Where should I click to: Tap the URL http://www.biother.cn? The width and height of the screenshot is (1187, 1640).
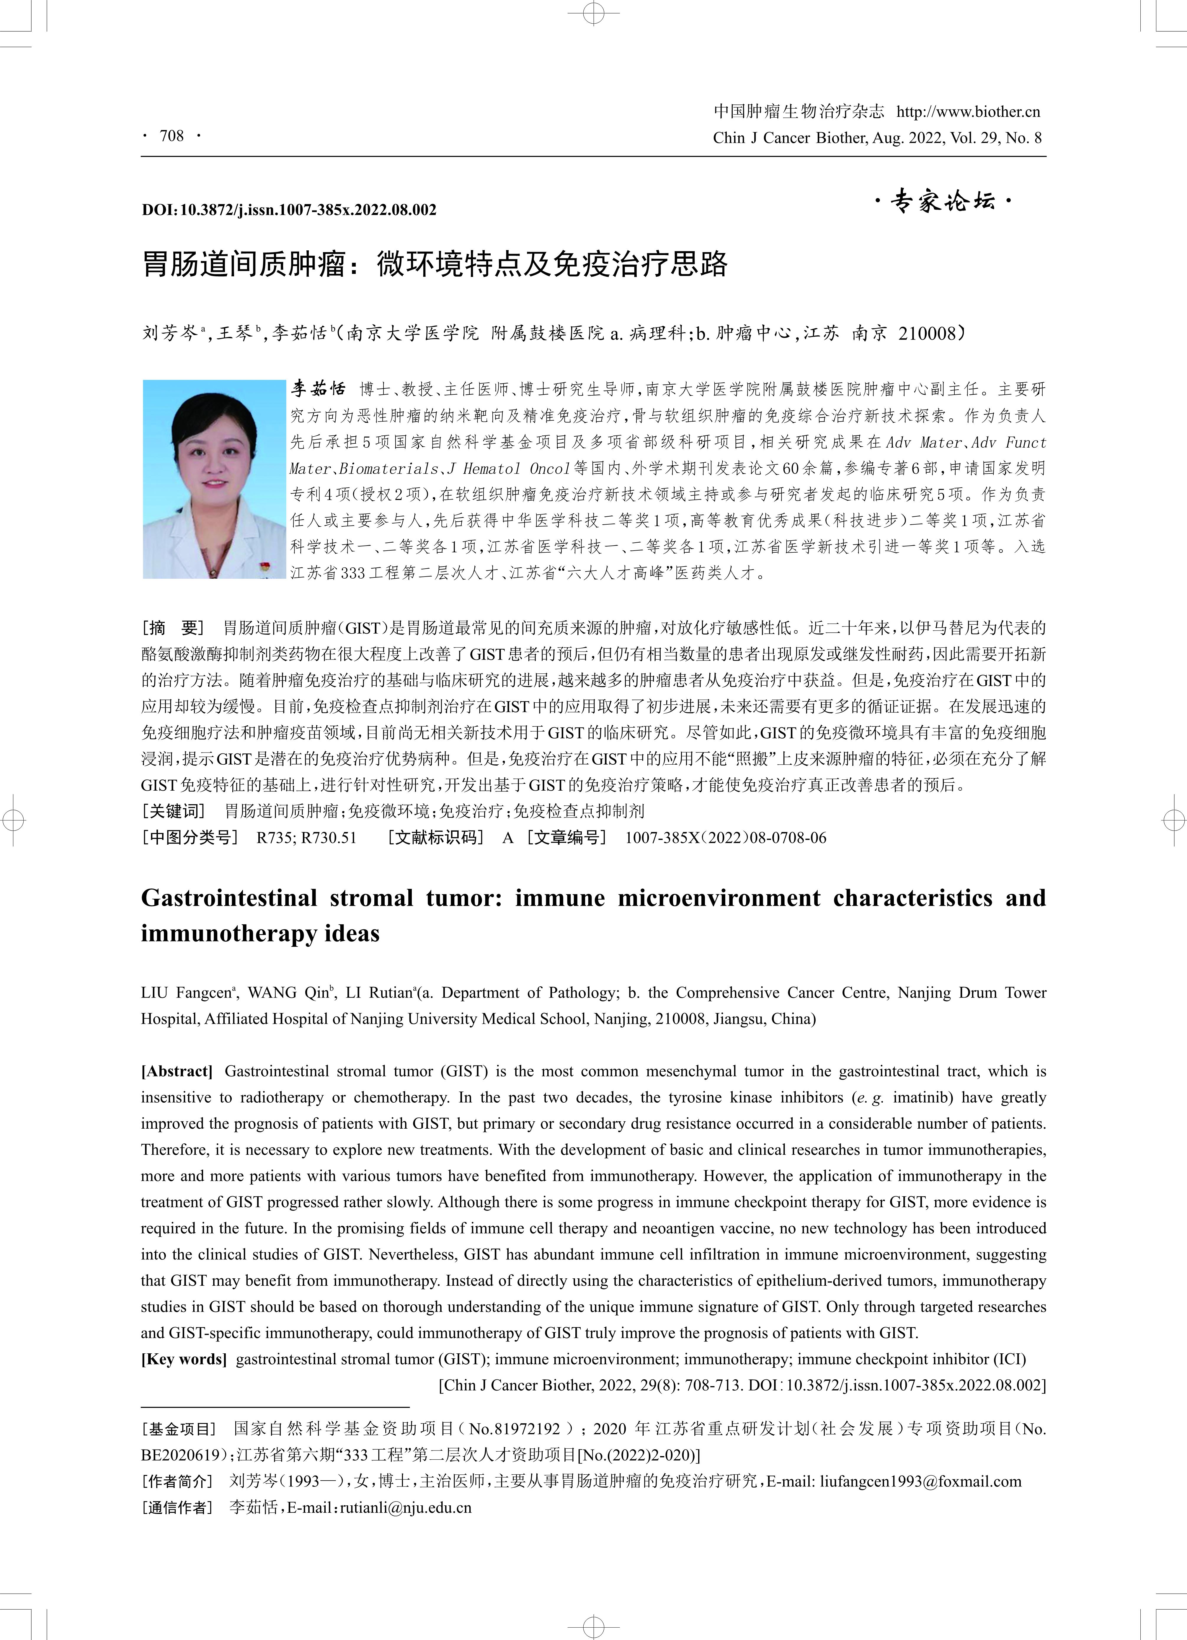click(x=968, y=111)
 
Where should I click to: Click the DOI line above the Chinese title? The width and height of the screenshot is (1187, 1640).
click(x=289, y=210)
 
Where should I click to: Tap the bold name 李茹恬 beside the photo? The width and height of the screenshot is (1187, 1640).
click(x=318, y=389)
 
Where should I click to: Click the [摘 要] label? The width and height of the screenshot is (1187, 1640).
click(x=174, y=627)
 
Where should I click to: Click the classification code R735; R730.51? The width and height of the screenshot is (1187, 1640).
click(x=306, y=838)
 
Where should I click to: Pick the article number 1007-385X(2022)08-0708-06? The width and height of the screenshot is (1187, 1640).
click(x=725, y=838)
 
